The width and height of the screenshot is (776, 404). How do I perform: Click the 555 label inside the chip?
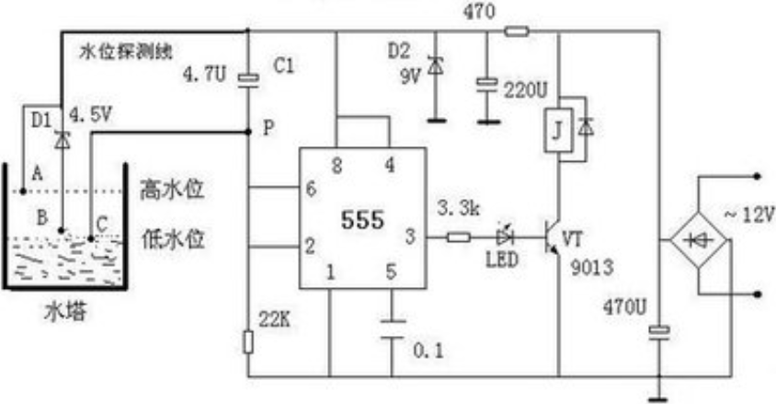point(363,219)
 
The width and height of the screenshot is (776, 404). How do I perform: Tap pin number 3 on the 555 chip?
point(410,237)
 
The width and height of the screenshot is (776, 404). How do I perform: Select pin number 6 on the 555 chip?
point(311,189)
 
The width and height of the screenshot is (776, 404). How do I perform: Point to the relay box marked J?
point(558,130)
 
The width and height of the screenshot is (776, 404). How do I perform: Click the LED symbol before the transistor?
point(505,237)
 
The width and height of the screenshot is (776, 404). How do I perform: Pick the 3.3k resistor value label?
point(459,208)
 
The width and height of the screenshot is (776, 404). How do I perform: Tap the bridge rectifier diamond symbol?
point(698,240)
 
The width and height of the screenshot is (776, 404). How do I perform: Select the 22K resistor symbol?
point(248,342)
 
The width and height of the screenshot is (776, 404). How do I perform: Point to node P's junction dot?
point(248,132)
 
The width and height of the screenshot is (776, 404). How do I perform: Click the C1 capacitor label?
point(283,65)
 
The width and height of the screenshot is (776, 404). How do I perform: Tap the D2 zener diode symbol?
point(436,66)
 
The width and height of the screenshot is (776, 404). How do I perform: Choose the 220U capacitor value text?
point(526,90)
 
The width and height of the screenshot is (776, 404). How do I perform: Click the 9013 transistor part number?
point(592,268)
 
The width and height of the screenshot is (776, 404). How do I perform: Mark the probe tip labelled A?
point(23,191)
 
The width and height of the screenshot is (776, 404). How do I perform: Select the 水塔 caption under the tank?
point(66,312)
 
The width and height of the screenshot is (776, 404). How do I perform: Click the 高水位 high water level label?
point(172,190)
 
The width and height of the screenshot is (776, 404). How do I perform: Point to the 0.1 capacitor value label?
point(428,351)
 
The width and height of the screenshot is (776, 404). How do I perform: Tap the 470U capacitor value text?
point(624,307)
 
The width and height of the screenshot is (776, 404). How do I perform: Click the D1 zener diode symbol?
point(63,141)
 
